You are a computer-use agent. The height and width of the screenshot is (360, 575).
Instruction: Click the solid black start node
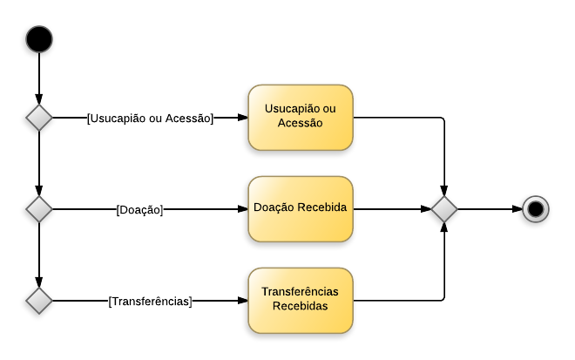(x=39, y=39)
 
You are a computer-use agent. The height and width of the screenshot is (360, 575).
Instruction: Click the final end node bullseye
(x=535, y=209)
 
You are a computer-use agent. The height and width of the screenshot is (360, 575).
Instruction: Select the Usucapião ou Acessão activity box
(x=300, y=117)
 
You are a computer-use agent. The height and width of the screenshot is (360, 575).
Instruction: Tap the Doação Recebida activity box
(x=300, y=209)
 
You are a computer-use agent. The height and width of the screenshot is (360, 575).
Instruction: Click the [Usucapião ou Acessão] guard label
(x=150, y=118)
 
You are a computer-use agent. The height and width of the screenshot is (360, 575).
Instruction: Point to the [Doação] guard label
(x=139, y=209)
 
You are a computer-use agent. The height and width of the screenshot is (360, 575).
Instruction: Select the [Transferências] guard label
(x=150, y=302)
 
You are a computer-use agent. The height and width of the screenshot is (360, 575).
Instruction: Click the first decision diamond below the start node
(x=39, y=118)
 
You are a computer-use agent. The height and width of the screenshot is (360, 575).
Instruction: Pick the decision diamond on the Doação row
(x=39, y=209)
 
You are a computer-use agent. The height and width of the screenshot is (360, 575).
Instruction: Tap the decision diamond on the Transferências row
(x=39, y=301)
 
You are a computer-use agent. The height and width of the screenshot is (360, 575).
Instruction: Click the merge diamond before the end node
(x=444, y=209)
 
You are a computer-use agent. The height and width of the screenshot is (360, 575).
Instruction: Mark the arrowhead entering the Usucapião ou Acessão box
(x=242, y=118)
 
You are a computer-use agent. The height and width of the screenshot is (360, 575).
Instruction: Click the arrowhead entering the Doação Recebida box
(x=242, y=209)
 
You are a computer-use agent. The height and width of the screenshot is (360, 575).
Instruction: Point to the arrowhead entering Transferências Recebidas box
(x=242, y=301)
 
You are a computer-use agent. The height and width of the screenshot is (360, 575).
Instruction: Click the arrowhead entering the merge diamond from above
(x=444, y=191)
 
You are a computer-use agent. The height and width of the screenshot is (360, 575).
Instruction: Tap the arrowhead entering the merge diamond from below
(x=444, y=228)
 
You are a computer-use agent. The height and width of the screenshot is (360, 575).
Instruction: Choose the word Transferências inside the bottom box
(x=300, y=292)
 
